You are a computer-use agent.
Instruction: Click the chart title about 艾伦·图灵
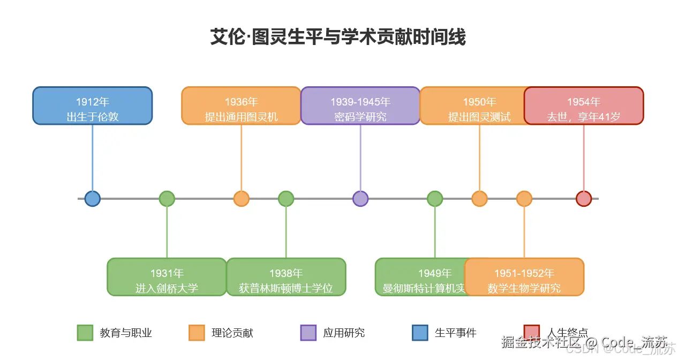point(338,37)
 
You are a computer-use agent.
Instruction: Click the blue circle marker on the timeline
point(93,199)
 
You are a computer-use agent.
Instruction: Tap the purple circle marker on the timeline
point(360,199)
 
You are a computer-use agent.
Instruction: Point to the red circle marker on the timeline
point(583,199)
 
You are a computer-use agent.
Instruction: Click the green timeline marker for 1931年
point(167,199)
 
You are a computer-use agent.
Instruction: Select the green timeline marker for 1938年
point(286,199)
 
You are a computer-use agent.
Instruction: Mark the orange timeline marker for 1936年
point(242,199)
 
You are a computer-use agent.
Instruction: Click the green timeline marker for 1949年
point(435,199)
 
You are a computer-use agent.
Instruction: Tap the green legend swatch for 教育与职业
point(85,333)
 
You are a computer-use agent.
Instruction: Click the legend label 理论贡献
point(232,333)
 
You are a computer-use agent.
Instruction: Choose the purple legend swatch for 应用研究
point(308,333)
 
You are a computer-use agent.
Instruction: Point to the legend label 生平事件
point(455,333)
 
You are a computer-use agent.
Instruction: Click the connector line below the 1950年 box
point(479,158)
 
